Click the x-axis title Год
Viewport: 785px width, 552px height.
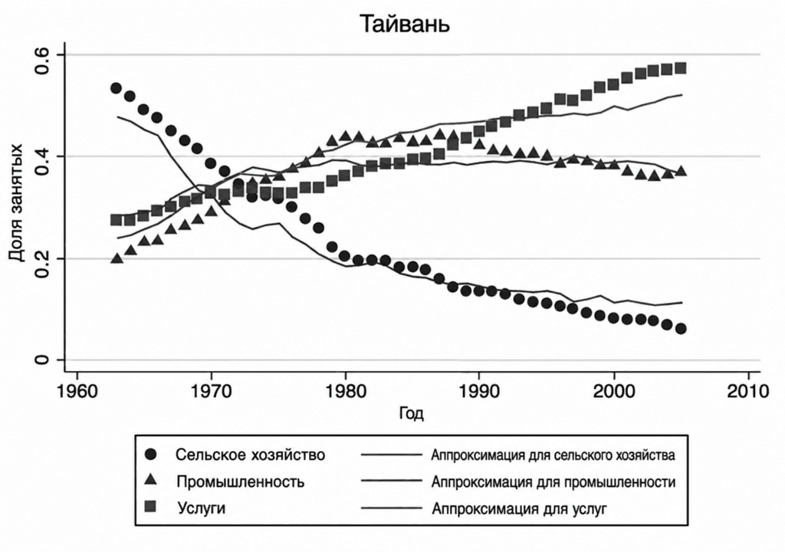point(411,414)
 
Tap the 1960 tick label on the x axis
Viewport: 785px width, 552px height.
point(77,390)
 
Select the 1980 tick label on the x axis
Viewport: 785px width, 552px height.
point(345,390)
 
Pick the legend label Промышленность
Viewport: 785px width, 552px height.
point(241,481)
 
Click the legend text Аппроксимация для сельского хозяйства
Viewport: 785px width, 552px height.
point(553,455)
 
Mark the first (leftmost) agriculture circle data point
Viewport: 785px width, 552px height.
point(117,88)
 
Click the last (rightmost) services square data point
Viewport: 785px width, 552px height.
point(680,68)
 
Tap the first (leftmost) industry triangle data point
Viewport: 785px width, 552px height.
point(117,258)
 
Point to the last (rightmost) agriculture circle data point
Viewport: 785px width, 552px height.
point(680,329)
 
